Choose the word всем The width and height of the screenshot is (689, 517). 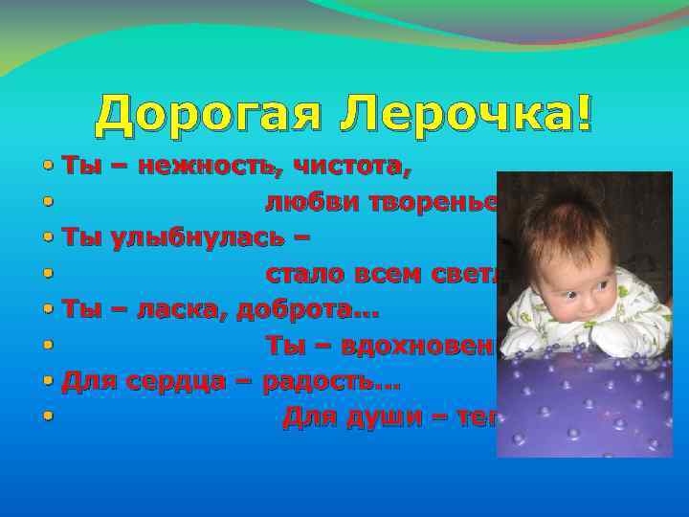394,276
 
